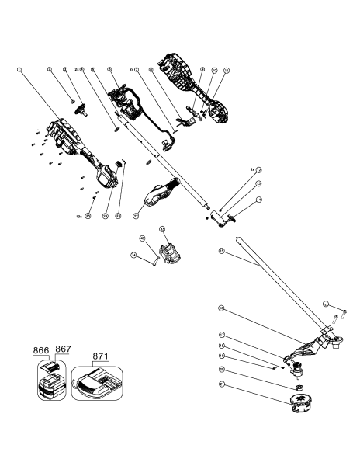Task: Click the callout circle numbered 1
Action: coord(18,69)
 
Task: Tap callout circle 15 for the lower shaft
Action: coord(222,251)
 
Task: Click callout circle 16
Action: coord(222,308)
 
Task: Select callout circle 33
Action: coord(163,229)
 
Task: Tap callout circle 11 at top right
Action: coord(227,69)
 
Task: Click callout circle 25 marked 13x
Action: coord(88,216)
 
